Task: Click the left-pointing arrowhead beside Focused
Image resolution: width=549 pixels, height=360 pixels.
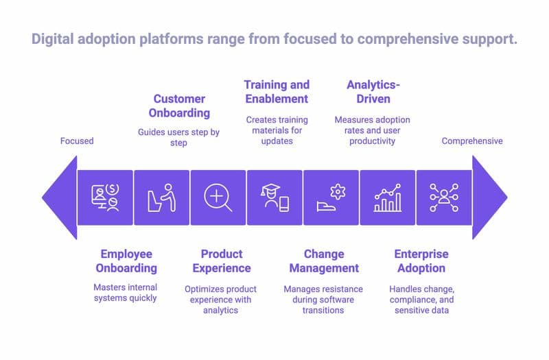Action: (59, 197)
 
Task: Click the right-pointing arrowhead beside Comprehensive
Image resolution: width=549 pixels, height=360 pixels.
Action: (489, 197)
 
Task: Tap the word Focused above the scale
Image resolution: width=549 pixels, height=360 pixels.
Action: (76, 141)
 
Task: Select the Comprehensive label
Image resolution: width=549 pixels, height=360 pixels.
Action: (471, 141)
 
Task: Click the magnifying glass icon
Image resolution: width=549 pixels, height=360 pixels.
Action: (218, 197)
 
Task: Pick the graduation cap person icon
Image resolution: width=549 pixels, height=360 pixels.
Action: (274, 197)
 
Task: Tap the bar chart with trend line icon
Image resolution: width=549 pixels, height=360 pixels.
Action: (388, 197)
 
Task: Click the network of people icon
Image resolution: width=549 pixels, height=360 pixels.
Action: (444, 197)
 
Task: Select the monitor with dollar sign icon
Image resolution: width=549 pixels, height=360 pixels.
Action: (105, 197)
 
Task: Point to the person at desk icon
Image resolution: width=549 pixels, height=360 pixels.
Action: (162, 197)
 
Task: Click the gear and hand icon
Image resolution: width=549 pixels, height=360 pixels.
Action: (331, 197)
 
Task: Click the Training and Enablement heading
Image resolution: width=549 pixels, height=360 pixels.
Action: (277, 91)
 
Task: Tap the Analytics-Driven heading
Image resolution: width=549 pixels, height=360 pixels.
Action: (372, 91)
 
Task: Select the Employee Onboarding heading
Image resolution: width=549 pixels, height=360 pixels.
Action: (126, 261)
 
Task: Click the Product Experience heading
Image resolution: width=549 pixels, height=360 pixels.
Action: (221, 261)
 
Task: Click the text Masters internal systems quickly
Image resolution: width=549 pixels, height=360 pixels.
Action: (125, 293)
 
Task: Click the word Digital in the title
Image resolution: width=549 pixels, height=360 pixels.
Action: (54, 39)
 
